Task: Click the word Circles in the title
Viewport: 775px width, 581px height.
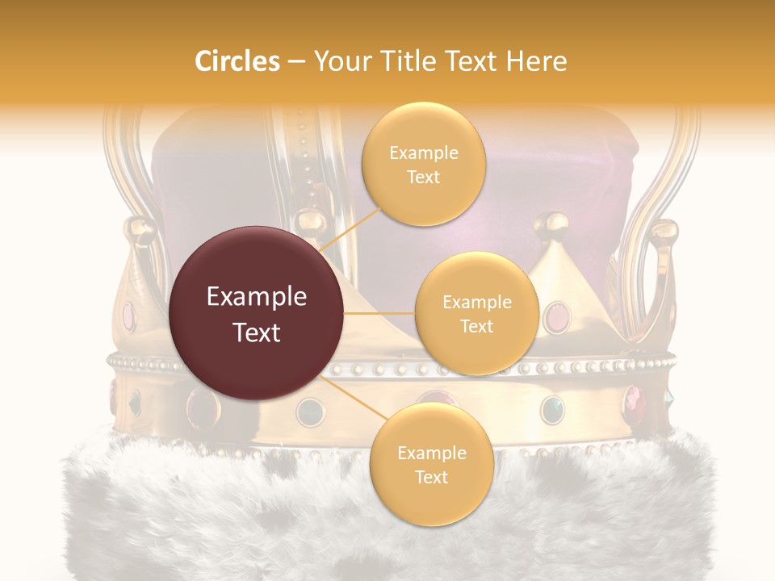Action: tap(237, 61)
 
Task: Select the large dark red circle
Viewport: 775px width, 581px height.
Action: tap(257, 313)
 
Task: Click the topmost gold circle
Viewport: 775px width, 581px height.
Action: tap(423, 164)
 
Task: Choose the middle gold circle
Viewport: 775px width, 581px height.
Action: tap(476, 313)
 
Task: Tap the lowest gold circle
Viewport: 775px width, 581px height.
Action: tap(431, 464)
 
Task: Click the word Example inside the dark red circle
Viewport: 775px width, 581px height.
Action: tap(257, 297)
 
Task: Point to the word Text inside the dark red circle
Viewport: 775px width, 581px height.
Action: tap(257, 332)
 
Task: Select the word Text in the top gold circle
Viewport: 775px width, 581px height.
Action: tap(423, 177)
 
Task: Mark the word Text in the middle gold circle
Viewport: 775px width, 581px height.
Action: tap(476, 326)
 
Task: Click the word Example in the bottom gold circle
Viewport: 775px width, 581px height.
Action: tap(431, 453)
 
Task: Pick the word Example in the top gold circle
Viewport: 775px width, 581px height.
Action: tap(423, 153)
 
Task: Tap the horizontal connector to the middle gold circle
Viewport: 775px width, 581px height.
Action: tap(379, 313)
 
